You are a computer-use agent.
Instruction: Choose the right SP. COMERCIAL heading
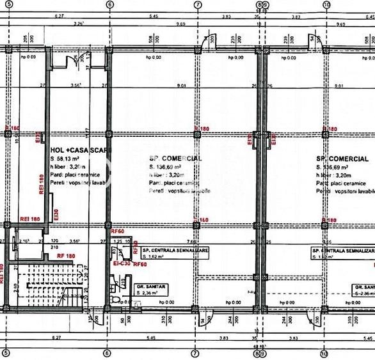tap(342, 158)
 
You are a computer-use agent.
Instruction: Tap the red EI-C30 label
tap(122, 263)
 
